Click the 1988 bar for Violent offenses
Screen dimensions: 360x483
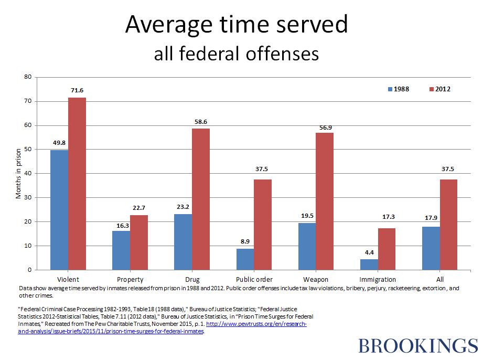point(59,210)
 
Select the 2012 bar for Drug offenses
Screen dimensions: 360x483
point(201,199)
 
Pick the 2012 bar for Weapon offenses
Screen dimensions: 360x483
point(325,202)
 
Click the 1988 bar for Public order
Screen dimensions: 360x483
point(245,259)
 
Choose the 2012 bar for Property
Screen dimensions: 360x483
point(139,242)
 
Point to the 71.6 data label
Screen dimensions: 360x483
point(77,91)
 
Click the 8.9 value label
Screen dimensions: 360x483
point(245,241)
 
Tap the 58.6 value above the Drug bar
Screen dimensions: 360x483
point(201,122)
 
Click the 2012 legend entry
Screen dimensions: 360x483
point(439,89)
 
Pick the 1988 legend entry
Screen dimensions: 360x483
point(398,89)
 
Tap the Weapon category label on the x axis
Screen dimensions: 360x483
point(316,279)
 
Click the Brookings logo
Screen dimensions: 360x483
point(418,346)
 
